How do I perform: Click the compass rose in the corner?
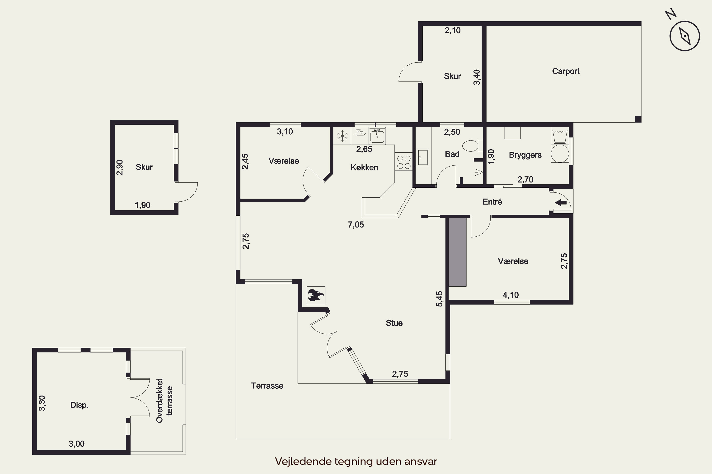(x=684, y=36)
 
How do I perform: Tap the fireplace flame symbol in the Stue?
(x=316, y=295)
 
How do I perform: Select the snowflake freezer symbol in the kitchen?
(x=342, y=136)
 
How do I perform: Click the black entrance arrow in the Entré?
(x=561, y=203)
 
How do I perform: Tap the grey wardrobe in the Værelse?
(x=457, y=252)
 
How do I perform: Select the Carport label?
(x=566, y=71)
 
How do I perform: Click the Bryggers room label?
(x=525, y=155)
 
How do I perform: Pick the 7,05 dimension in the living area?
(x=356, y=225)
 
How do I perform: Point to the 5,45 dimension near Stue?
(x=439, y=299)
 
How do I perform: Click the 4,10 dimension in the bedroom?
(x=511, y=295)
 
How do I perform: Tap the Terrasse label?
(x=267, y=386)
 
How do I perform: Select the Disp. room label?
(x=79, y=405)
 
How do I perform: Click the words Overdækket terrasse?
(x=164, y=401)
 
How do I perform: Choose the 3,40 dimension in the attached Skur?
(x=477, y=77)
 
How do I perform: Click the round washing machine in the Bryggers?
(x=560, y=153)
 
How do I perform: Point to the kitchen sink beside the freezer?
(x=377, y=136)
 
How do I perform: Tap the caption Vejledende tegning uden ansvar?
(x=356, y=461)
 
